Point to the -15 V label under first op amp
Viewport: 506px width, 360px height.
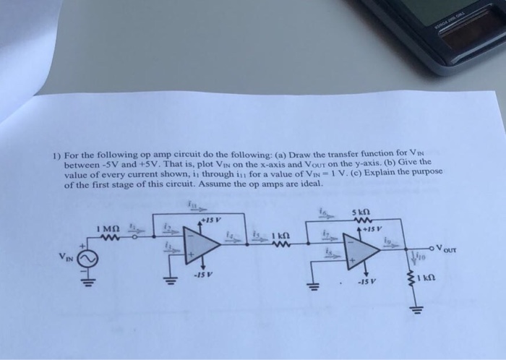(x=202, y=274)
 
